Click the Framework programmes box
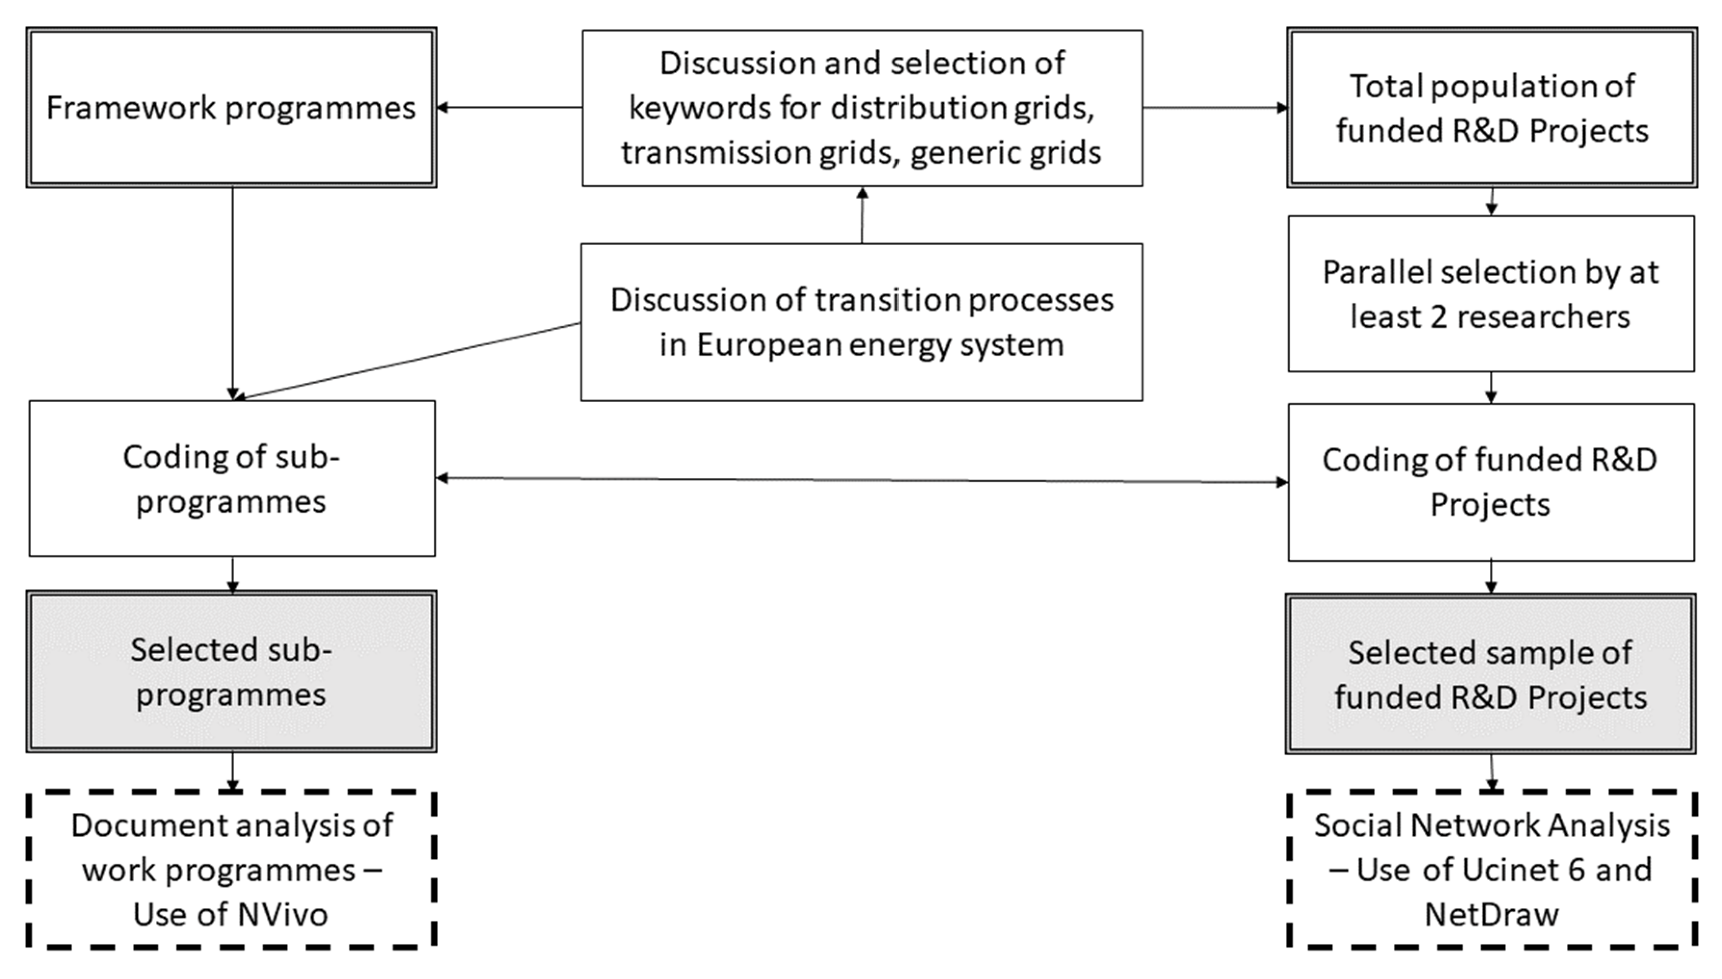point(231,107)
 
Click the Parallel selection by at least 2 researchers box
point(1491,294)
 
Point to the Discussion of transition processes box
point(861,322)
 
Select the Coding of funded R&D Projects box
point(1491,482)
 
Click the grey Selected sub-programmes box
point(231,672)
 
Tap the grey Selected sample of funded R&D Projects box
point(1491,674)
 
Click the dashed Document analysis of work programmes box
point(231,869)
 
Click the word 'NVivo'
point(281,915)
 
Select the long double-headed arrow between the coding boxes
point(861,480)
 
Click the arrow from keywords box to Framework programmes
point(509,107)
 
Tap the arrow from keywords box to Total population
point(1214,107)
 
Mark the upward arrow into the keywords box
point(862,215)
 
